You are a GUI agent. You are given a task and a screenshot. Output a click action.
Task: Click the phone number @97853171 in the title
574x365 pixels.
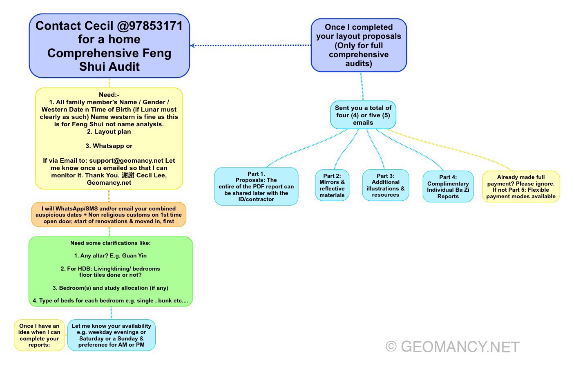(150, 26)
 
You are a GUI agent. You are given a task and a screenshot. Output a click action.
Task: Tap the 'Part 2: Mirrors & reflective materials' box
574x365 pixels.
(332, 186)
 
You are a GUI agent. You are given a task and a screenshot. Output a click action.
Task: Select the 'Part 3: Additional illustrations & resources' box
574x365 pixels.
(385, 185)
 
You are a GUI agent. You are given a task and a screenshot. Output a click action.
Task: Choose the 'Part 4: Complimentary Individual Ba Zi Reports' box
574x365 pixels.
(448, 187)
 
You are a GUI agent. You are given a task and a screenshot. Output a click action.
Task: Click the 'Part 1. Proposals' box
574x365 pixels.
(256, 186)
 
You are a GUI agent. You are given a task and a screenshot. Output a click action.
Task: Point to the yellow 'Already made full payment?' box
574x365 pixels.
(520, 187)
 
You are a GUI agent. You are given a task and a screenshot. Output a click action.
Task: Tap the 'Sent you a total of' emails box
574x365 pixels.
(363, 115)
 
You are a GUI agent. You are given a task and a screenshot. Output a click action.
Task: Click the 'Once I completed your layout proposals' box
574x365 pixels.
(358, 45)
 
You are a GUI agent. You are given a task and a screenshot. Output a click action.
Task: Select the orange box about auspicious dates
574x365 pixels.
(109, 215)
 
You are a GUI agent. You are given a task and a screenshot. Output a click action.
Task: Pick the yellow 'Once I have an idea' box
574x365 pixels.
(40, 335)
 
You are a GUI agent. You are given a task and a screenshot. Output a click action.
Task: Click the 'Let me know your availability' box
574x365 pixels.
(111, 335)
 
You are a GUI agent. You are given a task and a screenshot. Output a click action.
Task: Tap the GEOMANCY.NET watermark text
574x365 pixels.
(460, 347)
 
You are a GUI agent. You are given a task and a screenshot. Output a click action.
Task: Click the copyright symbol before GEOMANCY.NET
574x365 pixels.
(391, 347)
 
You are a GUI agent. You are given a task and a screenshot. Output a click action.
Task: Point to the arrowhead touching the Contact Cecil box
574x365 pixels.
(192, 45)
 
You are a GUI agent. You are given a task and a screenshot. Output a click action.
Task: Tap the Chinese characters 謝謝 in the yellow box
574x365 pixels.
(128, 175)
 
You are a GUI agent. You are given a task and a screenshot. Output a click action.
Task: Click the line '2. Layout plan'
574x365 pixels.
(109, 132)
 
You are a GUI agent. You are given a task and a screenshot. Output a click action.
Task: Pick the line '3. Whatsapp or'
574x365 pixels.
(109, 146)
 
